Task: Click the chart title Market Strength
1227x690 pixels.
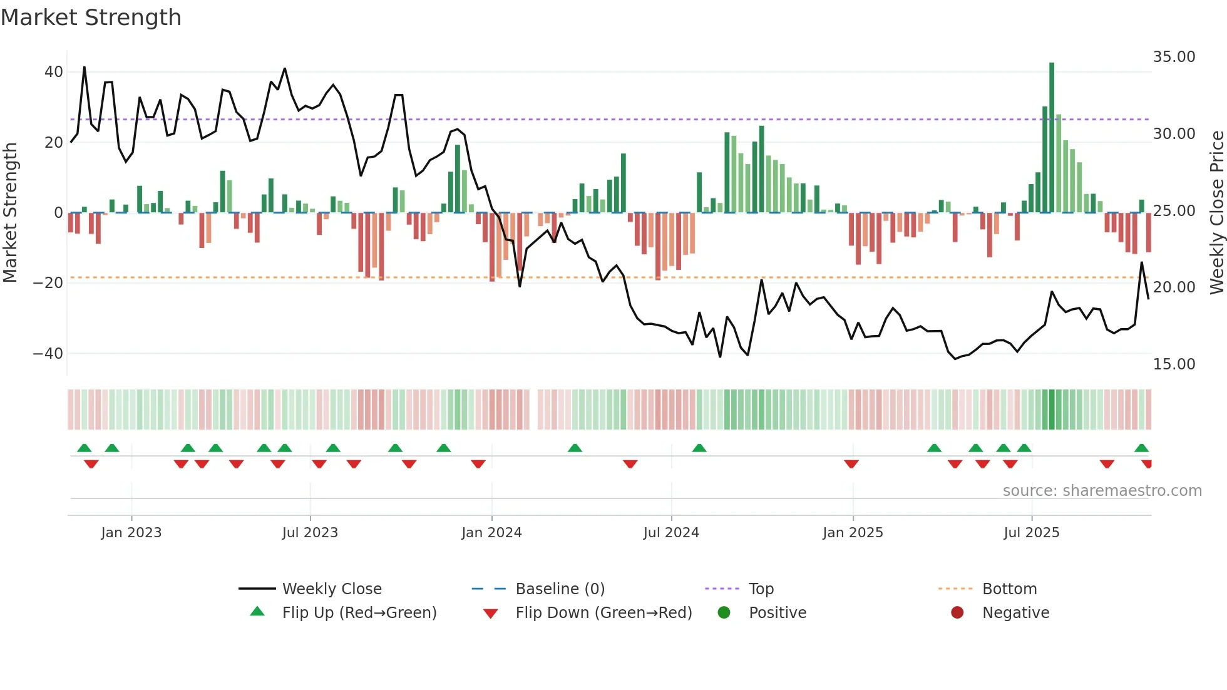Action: point(91,18)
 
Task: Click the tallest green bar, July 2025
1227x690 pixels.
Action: point(1052,138)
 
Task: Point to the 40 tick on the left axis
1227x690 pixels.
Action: point(54,72)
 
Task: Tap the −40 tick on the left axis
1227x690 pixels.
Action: point(48,354)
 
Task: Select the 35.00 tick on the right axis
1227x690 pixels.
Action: point(1174,57)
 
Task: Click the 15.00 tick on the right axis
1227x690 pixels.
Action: point(1174,364)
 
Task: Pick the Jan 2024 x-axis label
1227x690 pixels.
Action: point(491,533)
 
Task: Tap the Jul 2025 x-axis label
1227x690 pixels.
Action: point(1031,533)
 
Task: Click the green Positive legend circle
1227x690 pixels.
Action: point(724,613)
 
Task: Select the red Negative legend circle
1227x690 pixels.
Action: point(957,613)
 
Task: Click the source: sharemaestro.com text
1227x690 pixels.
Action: point(1102,491)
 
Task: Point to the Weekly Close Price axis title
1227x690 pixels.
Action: point(1216,213)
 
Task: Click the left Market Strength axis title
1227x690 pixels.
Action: point(11,213)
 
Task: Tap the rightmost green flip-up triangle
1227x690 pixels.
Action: point(1141,448)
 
